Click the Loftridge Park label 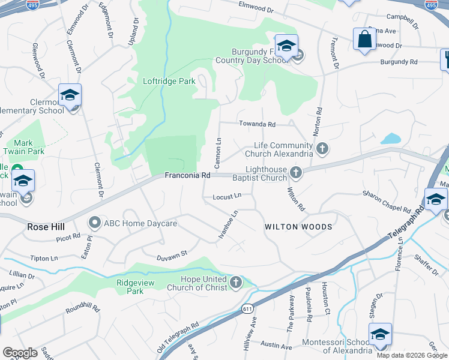(169, 81)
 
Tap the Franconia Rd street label (188, 176)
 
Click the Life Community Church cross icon (322, 148)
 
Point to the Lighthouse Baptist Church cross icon (295, 173)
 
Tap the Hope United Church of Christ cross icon (236, 282)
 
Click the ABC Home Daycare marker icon (94, 223)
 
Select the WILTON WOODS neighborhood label (298, 227)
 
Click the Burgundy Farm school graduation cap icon (286, 46)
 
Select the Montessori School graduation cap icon (380, 334)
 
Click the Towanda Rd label (257, 124)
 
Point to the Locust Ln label (226, 196)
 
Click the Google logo (20, 353)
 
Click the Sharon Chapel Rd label (386, 202)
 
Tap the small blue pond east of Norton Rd (391, 139)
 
